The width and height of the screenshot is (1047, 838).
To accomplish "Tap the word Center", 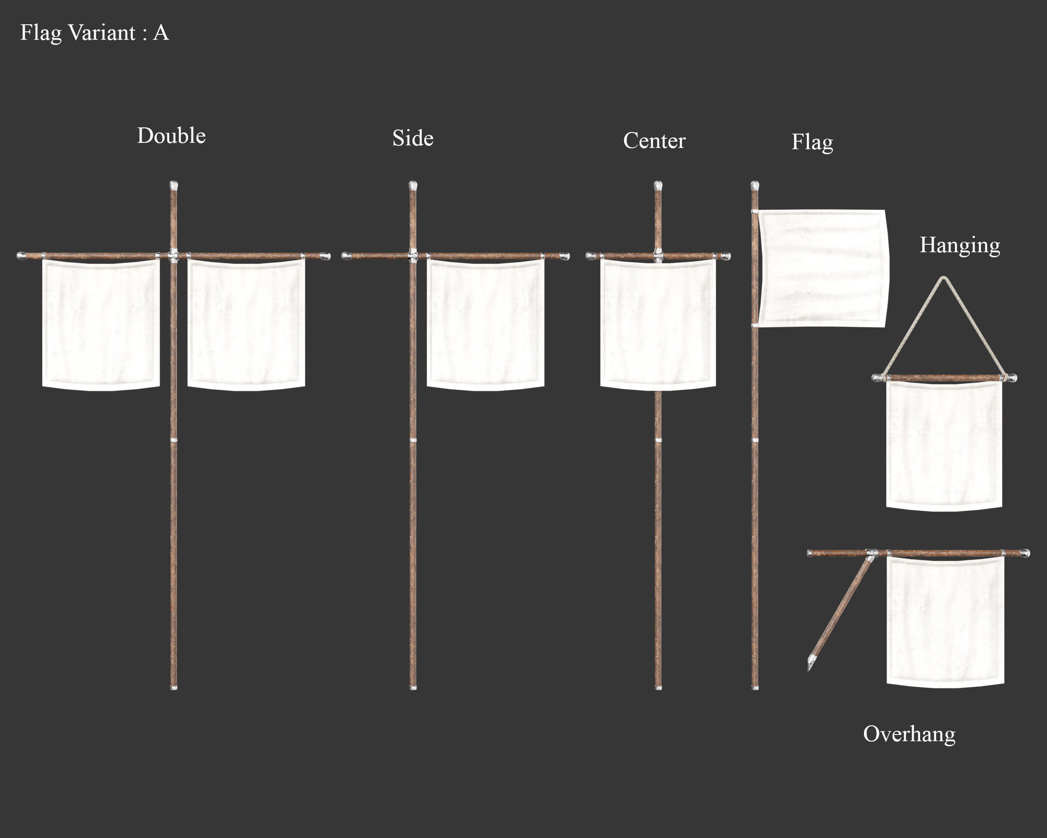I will (654, 141).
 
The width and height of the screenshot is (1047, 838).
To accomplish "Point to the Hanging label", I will (959, 246).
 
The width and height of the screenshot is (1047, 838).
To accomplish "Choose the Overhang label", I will (909, 734).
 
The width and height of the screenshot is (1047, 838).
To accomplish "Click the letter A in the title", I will (161, 33).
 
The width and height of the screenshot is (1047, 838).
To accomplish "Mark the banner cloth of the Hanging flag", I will (944, 445).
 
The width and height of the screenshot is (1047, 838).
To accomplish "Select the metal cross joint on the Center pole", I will (658, 255).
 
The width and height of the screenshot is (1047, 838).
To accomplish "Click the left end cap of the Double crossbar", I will (21, 256).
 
